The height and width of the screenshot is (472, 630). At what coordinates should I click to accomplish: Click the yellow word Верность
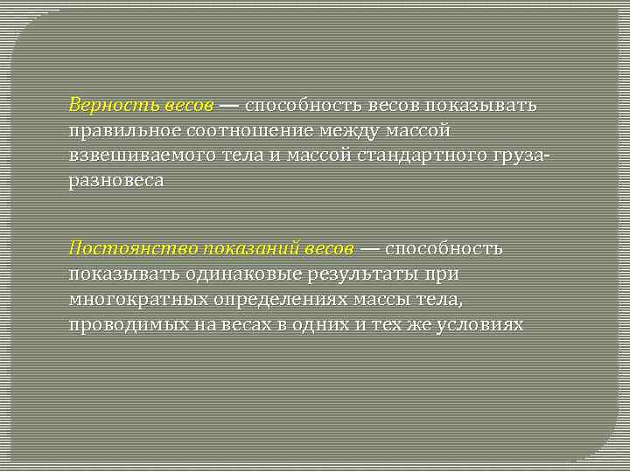112,106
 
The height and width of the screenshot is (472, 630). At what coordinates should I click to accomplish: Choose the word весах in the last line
246,324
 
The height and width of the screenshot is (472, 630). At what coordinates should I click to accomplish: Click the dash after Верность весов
227,106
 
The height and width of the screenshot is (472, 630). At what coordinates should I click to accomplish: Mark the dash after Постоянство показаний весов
369,248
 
